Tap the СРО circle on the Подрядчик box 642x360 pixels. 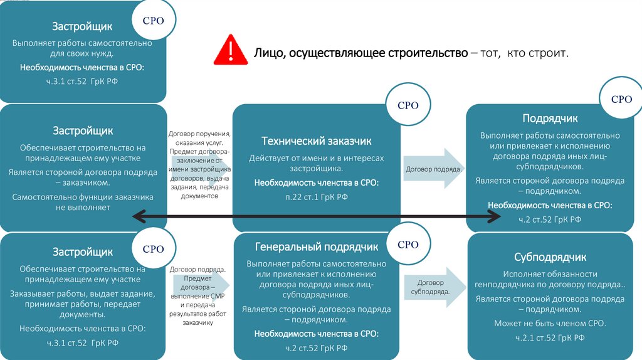point(621,99)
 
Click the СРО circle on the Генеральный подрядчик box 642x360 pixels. point(408,245)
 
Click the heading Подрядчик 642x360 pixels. point(550,119)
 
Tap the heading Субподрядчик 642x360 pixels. point(550,257)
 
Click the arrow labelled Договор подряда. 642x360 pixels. point(433,169)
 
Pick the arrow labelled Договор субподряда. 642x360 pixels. point(433,287)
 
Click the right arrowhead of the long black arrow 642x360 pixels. point(495,216)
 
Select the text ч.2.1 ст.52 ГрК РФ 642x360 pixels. point(550,338)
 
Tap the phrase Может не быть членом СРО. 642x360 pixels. point(550,324)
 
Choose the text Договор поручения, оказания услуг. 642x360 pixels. point(199,138)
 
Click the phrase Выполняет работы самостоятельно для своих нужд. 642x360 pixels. point(82,49)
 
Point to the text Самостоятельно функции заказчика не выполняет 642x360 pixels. point(82,202)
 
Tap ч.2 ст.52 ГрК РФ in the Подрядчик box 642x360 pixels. point(550,219)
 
